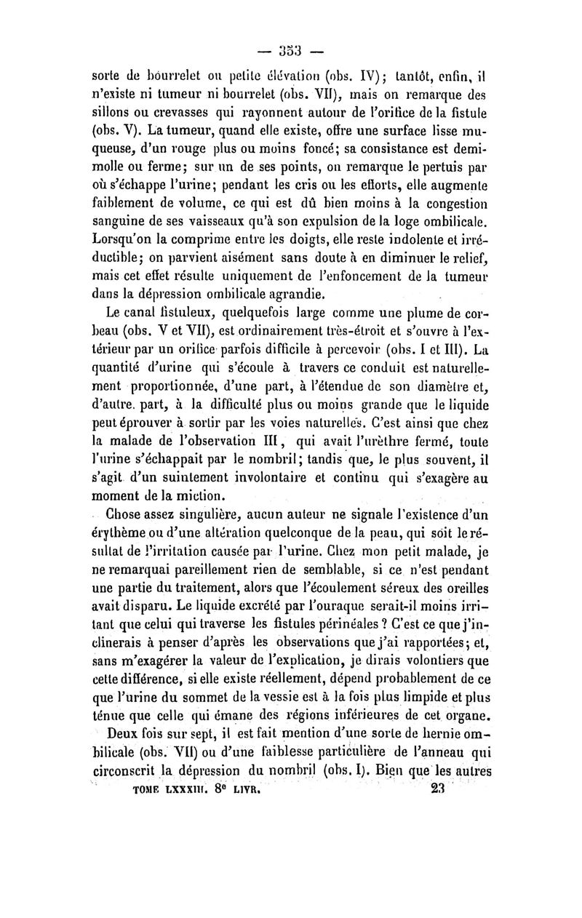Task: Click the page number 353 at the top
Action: tap(291, 53)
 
